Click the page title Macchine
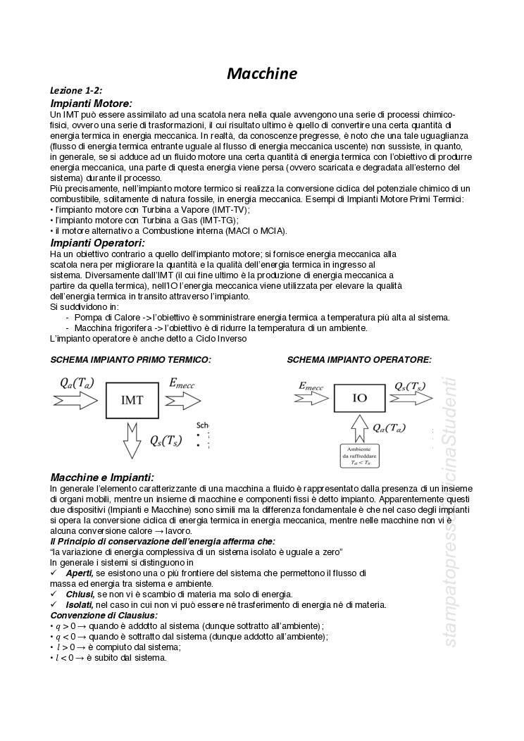(x=261, y=74)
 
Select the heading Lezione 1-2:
(x=76, y=91)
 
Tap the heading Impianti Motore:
(x=91, y=104)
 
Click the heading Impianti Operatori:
(x=97, y=243)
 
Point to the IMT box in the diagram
(x=132, y=400)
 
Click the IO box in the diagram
(x=359, y=398)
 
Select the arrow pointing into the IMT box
(x=75, y=400)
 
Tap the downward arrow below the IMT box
(x=132, y=440)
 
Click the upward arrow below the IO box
(x=359, y=428)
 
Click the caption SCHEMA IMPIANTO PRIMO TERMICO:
(x=130, y=360)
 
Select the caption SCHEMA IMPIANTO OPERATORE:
(x=359, y=360)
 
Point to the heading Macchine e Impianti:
(x=102, y=478)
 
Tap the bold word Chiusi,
(x=80, y=594)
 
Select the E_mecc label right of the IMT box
(x=182, y=383)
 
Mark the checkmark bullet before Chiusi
(x=54, y=594)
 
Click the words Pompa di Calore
(x=104, y=318)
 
